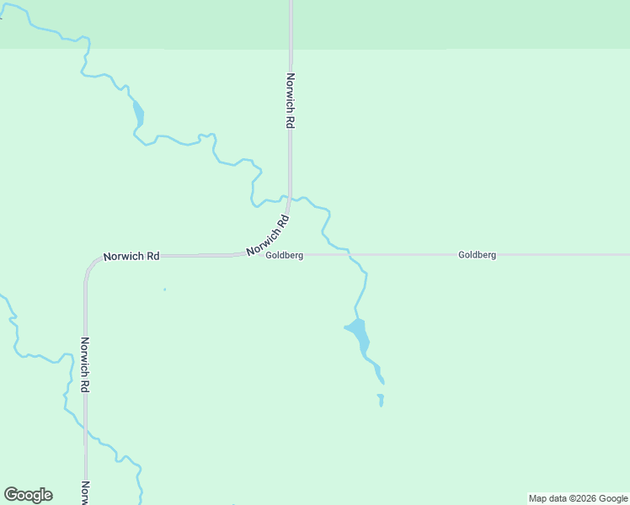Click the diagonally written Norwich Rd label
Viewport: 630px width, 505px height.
(269, 236)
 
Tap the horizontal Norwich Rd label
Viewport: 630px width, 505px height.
(131, 256)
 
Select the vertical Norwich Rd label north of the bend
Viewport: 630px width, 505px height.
(290, 100)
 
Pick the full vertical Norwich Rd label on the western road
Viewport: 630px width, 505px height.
(85, 364)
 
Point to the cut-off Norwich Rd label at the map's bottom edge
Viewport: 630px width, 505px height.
(85, 492)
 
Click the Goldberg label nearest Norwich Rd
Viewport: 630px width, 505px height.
(284, 256)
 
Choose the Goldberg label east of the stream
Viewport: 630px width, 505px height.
(477, 254)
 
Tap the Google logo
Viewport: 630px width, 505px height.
(28, 495)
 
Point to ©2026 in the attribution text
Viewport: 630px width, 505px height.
(584, 498)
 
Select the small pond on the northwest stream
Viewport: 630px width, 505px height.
(138, 113)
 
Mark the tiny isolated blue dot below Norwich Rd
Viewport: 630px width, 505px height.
(164, 290)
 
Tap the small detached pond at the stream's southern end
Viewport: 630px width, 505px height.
(381, 400)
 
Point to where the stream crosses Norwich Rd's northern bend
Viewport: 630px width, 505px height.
(289, 199)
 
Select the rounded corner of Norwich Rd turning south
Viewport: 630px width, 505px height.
(88, 264)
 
